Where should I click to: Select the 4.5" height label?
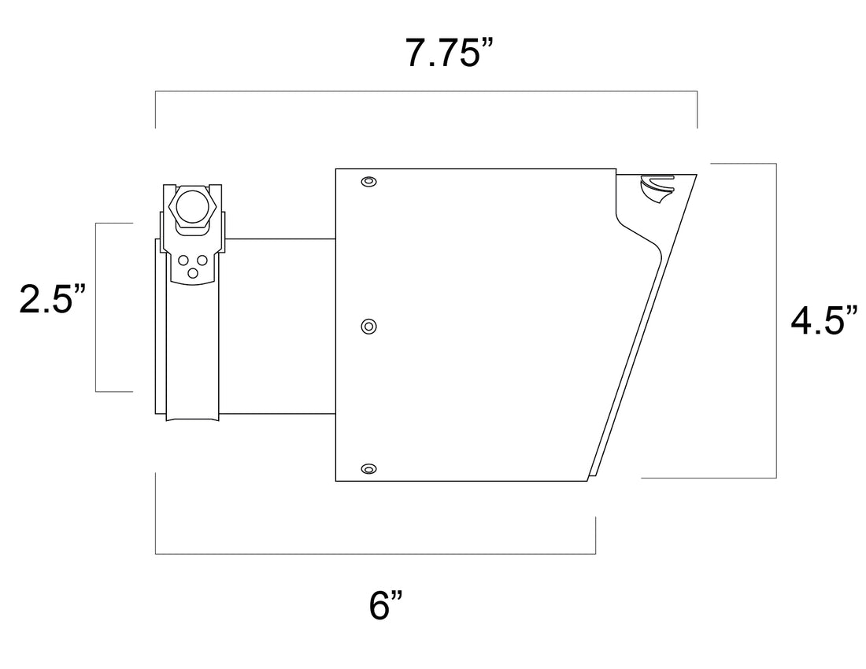click(823, 321)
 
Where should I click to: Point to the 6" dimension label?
click(386, 606)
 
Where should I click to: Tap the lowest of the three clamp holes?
click(192, 273)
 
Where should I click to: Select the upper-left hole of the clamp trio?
click(183, 260)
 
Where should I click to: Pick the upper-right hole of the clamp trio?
click(202, 260)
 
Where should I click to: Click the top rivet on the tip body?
click(368, 183)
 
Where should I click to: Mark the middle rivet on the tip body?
click(368, 326)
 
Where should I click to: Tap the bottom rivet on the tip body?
click(368, 469)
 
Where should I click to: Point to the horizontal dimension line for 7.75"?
click(425, 92)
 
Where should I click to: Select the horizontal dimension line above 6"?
click(375, 554)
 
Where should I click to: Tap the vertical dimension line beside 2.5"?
click(95, 307)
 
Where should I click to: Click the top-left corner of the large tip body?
click(336, 169)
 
